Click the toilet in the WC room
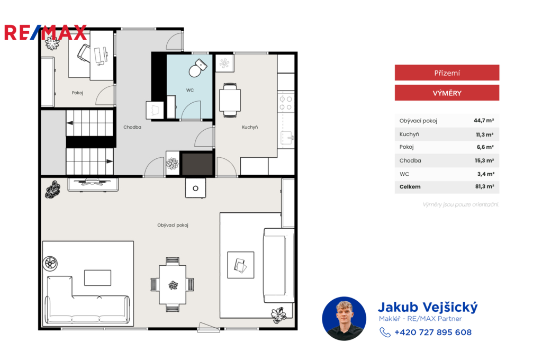(x=197, y=68)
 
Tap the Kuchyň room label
(x=250, y=127)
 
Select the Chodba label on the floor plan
(x=132, y=127)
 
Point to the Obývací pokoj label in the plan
(x=173, y=225)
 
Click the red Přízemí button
(x=447, y=73)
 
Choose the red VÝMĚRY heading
(x=447, y=93)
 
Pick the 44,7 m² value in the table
(x=484, y=120)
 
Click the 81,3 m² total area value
(x=484, y=186)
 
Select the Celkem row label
(x=410, y=187)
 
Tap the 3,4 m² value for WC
(x=486, y=174)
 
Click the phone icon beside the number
(x=385, y=332)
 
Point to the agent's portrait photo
(x=344, y=319)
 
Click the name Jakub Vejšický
(x=428, y=307)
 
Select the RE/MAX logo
(x=46, y=33)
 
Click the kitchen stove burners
(x=286, y=103)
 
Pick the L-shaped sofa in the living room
(x=87, y=300)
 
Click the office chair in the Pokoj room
(x=84, y=53)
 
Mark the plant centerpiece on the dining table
(x=173, y=285)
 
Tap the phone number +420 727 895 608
(x=433, y=332)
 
